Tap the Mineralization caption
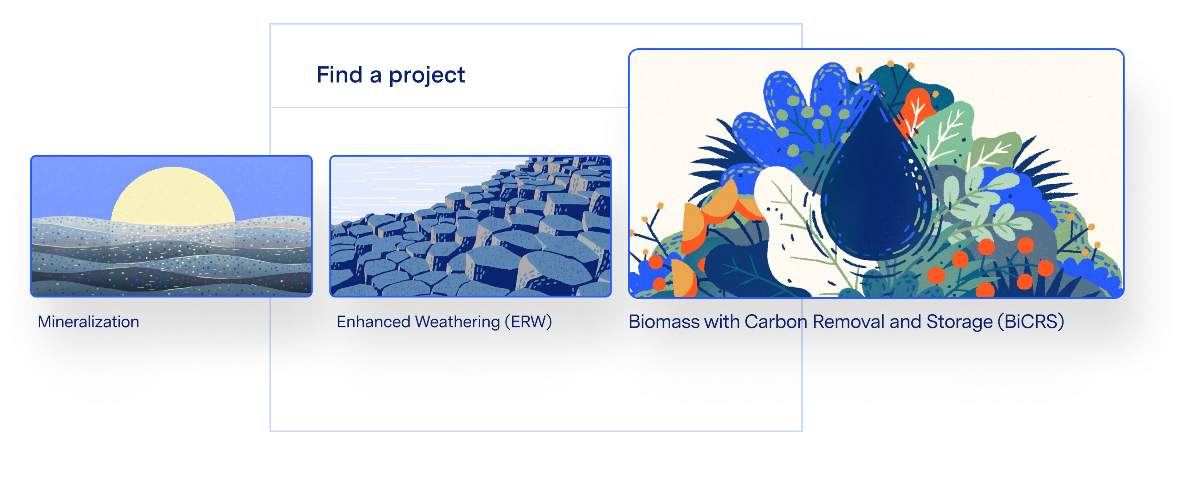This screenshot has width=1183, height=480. [x=88, y=322]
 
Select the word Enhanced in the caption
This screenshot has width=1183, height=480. [x=373, y=322]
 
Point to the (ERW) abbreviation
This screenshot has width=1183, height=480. [x=528, y=322]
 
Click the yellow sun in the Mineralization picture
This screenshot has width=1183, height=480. [x=173, y=195]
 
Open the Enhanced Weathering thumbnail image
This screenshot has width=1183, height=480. [x=470, y=226]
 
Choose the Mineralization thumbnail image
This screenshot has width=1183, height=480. [x=171, y=226]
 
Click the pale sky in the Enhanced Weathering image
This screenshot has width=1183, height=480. [x=404, y=184]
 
